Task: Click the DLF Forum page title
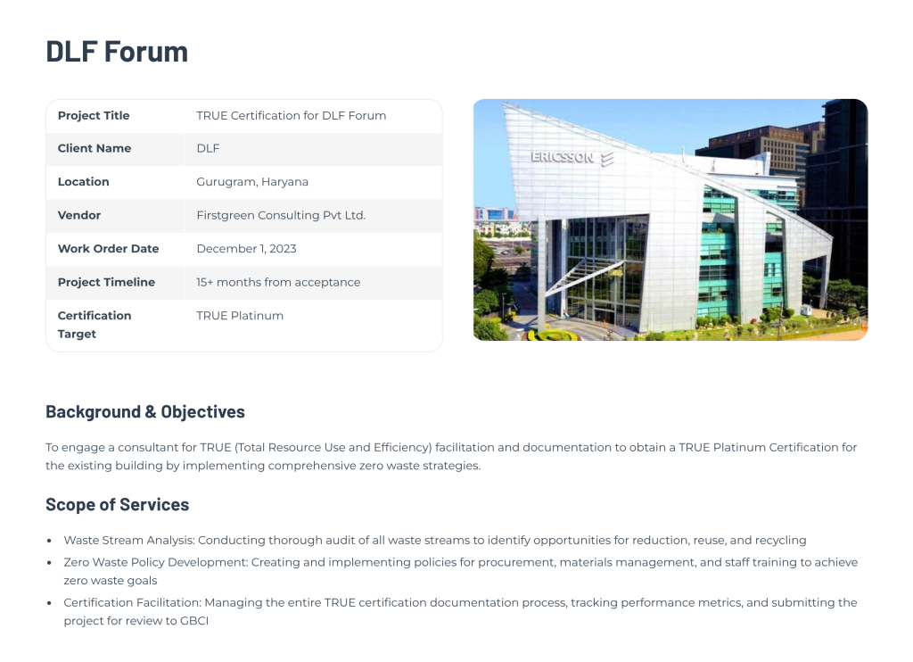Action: [x=117, y=51]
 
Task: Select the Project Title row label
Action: [x=94, y=115]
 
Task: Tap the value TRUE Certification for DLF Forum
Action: [x=292, y=115]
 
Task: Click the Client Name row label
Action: [x=95, y=148]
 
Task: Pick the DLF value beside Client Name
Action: [x=208, y=148]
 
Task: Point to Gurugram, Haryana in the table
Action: [x=252, y=182]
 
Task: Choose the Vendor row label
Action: [x=79, y=215]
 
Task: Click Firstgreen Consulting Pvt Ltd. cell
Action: [x=281, y=215]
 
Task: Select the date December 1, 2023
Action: [x=246, y=249]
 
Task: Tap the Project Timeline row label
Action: [x=107, y=282]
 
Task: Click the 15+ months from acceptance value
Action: [x=278, y=282]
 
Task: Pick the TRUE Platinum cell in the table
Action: [x=240, y=315]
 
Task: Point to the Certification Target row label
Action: [x=95, y=325]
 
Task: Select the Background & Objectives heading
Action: [x=145, y=411]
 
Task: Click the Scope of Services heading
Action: [x=118, y=504]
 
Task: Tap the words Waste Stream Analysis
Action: [x=128, y=540]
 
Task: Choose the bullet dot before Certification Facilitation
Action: [x=49, y=603]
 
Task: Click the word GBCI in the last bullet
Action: [x=194, y=621]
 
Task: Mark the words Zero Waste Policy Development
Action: [x=155, y=562]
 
